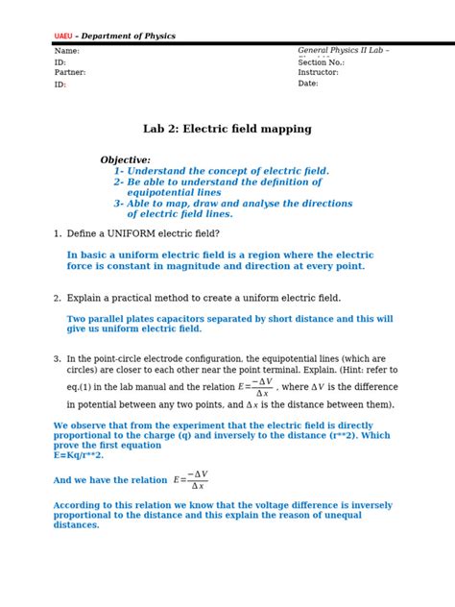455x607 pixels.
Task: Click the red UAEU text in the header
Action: click(x=62, y=36)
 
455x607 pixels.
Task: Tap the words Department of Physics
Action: click(x=130, y=36)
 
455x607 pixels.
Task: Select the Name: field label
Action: click(x=66, y=51)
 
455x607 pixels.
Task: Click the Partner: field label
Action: click(x=70, y=72)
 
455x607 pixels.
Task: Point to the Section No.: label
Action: click(x=321, y=62)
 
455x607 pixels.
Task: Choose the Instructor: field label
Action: click(x=318, y=72)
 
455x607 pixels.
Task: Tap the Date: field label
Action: click(x=307, y=84)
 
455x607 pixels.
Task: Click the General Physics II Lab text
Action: click(x=342, y=51)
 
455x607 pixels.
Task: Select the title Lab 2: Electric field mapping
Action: click(x=227, y=129)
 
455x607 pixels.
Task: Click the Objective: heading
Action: click(x=125, y=160)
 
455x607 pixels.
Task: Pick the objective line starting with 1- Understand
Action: click(x=221, y=171)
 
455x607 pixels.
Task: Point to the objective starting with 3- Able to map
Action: click(x=232, y=204)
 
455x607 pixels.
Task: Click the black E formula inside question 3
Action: click(x=255, y=387)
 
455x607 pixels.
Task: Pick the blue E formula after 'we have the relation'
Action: click(x=190, y=479)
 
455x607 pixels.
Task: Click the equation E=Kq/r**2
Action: click(x=78, y=455)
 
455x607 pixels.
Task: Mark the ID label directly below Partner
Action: click(x=60, y=85)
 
